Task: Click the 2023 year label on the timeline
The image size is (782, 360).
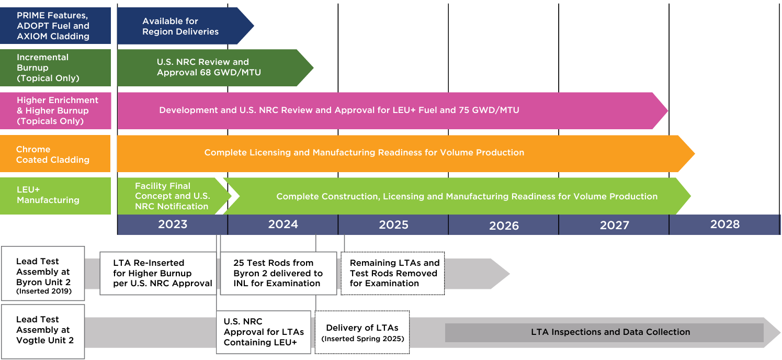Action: pos(173,224)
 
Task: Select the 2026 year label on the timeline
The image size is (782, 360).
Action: pos(504,226)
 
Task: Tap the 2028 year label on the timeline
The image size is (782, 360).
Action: pos(724,224)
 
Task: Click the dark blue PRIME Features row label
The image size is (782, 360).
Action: pos(55,26)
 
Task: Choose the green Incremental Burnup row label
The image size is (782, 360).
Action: pos(55,67)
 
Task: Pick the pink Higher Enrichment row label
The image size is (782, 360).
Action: pos(55,110)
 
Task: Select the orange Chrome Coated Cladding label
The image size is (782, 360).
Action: pos(55,154)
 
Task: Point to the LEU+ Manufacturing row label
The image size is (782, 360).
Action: pos(55,196)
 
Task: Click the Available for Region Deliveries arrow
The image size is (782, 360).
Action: pos(180,26)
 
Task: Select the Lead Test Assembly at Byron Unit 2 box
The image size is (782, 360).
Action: pos(43,273)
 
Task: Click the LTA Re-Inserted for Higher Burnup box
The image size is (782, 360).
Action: pos(157,273)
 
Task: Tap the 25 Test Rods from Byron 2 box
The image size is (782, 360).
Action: pos(278,273)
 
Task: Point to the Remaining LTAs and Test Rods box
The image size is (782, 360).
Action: pos(393,273)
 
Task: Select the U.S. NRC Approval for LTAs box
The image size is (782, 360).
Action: pos(263,332)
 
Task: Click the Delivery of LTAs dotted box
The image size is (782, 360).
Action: pos(362,332)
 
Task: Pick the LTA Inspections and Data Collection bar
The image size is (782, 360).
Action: pos(604,332)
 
